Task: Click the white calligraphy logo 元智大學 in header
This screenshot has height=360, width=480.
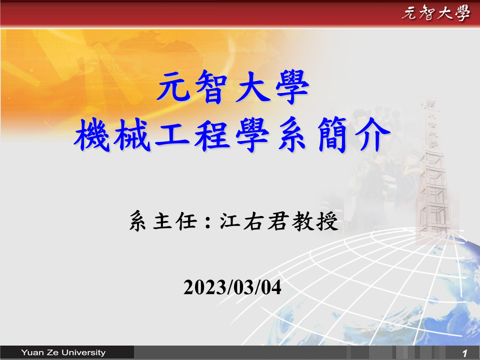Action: point(435,13)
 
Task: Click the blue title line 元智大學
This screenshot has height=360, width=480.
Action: point(233,87)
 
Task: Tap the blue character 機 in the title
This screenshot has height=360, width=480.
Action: point(92,134)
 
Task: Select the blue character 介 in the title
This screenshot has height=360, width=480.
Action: point(372,134)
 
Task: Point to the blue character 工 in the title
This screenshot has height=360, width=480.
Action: point(172,134)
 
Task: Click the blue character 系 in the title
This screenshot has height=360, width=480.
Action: point(292,134)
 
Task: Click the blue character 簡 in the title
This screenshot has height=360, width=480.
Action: point(333,134)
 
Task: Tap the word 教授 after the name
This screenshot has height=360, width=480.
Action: point(315,220)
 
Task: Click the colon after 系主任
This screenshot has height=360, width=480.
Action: point(208,221)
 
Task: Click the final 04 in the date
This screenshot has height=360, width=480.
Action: point(271,287)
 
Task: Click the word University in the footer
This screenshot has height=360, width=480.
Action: point(83,352)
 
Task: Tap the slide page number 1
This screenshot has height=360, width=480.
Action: point(465,353)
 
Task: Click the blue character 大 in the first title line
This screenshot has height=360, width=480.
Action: point(253,87)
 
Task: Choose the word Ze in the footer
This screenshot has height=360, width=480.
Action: point(52,352)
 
